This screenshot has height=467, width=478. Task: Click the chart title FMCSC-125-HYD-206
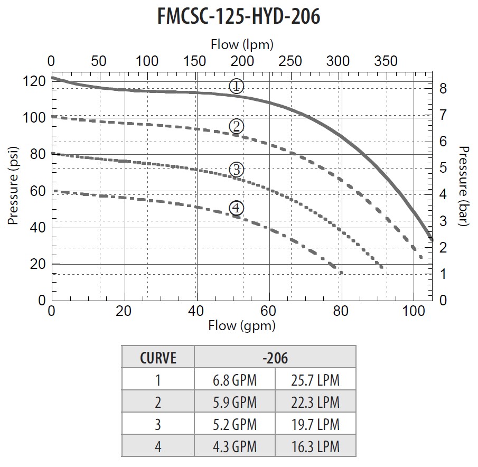coord(239,16)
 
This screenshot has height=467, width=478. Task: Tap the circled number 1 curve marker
coord(237,86)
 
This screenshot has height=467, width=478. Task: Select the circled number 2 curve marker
coord(237,126)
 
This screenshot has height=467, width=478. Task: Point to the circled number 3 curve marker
coord(237,170)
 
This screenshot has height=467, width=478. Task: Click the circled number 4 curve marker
coord(237,208)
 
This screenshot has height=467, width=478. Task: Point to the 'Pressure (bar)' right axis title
coord(464,186)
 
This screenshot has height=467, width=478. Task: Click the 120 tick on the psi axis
coord(33,81)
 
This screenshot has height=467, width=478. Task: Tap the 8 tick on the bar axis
coord(443,89)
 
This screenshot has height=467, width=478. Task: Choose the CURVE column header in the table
coord(158,358)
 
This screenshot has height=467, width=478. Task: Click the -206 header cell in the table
coord(275,358)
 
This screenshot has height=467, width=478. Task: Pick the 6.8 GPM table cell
coord(235,380)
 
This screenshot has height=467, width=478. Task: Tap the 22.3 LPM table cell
coord(316,402)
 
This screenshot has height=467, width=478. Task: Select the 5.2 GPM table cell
coord(235,424)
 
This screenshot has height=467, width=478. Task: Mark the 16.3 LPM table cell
coord(316,446)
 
